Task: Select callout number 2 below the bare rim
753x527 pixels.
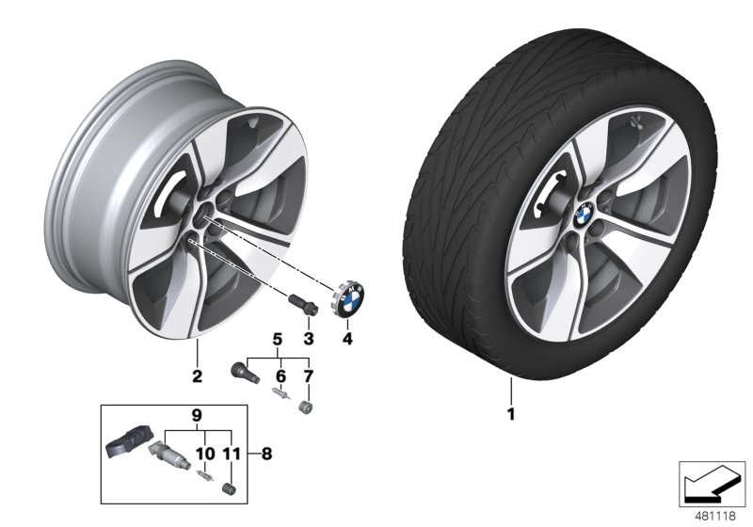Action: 198,377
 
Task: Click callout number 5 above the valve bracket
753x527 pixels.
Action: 278,338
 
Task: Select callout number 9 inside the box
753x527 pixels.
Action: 197,415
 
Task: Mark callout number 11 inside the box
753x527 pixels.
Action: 227,454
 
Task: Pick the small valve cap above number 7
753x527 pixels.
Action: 306,407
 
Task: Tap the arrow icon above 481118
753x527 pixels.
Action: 712,484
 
